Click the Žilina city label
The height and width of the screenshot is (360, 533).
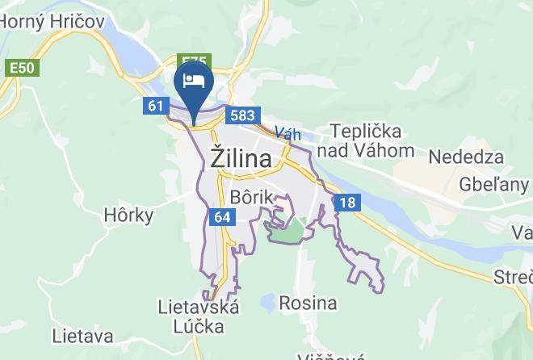[241, 158]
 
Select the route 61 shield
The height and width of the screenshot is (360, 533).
[156, 106]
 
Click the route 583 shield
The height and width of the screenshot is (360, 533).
[242, 115]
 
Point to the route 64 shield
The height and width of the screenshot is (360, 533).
[222, 216]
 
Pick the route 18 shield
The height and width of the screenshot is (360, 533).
[346, 203]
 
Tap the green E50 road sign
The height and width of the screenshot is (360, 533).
[22, 67]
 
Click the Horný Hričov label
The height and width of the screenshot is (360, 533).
[53, 22]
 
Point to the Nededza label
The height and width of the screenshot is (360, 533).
[466, 157]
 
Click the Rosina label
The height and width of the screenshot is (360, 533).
[308, 303]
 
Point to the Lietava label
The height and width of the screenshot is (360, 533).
[82, 335]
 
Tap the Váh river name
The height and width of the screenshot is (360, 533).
[287, 134]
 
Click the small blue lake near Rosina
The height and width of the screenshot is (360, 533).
[266, 303]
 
